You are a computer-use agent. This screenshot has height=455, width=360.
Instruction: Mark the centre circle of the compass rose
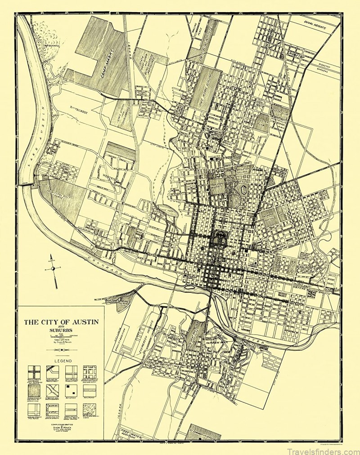pyautogui.click(x=53, y=268)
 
